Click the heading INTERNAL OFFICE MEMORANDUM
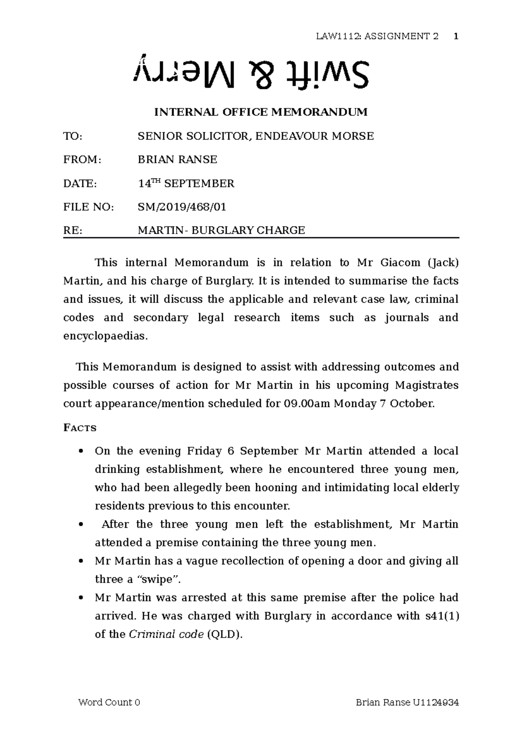261,112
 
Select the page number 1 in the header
455,36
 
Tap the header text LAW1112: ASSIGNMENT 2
377,36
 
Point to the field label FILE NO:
89,207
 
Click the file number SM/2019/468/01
182,207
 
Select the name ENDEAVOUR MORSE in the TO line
314,136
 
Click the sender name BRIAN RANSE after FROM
177,160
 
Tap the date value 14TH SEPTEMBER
186,184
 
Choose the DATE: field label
80,184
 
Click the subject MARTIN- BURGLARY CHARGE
221,230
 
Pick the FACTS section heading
80,428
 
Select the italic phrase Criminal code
166,634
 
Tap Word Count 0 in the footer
109,702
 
